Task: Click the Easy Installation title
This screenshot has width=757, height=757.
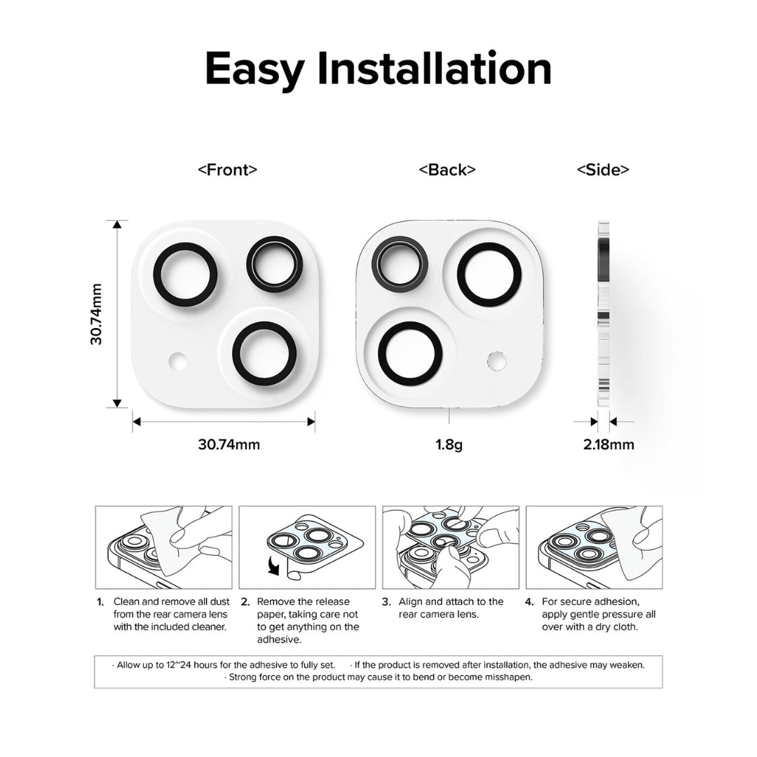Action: (x=378, y=69)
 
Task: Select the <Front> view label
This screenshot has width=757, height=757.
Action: (x=227, y=170)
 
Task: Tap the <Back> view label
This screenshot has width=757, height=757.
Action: (x=447, y=170)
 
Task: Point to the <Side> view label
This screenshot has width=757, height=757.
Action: (x=602, y=170)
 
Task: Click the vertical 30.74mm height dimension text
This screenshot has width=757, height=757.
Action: (x=97, y=313)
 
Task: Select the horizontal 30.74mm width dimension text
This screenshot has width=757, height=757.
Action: (x=229, y=444)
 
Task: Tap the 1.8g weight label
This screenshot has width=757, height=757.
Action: (x=449, y=444)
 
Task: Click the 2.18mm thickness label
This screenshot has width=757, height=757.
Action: (x=608, y=444)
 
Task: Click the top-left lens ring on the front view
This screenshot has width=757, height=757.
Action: (x=186, y=275)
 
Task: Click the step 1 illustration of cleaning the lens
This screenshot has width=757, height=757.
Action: (x=163, y=547)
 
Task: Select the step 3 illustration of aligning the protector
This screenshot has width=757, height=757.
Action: (x=450, y=547)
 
